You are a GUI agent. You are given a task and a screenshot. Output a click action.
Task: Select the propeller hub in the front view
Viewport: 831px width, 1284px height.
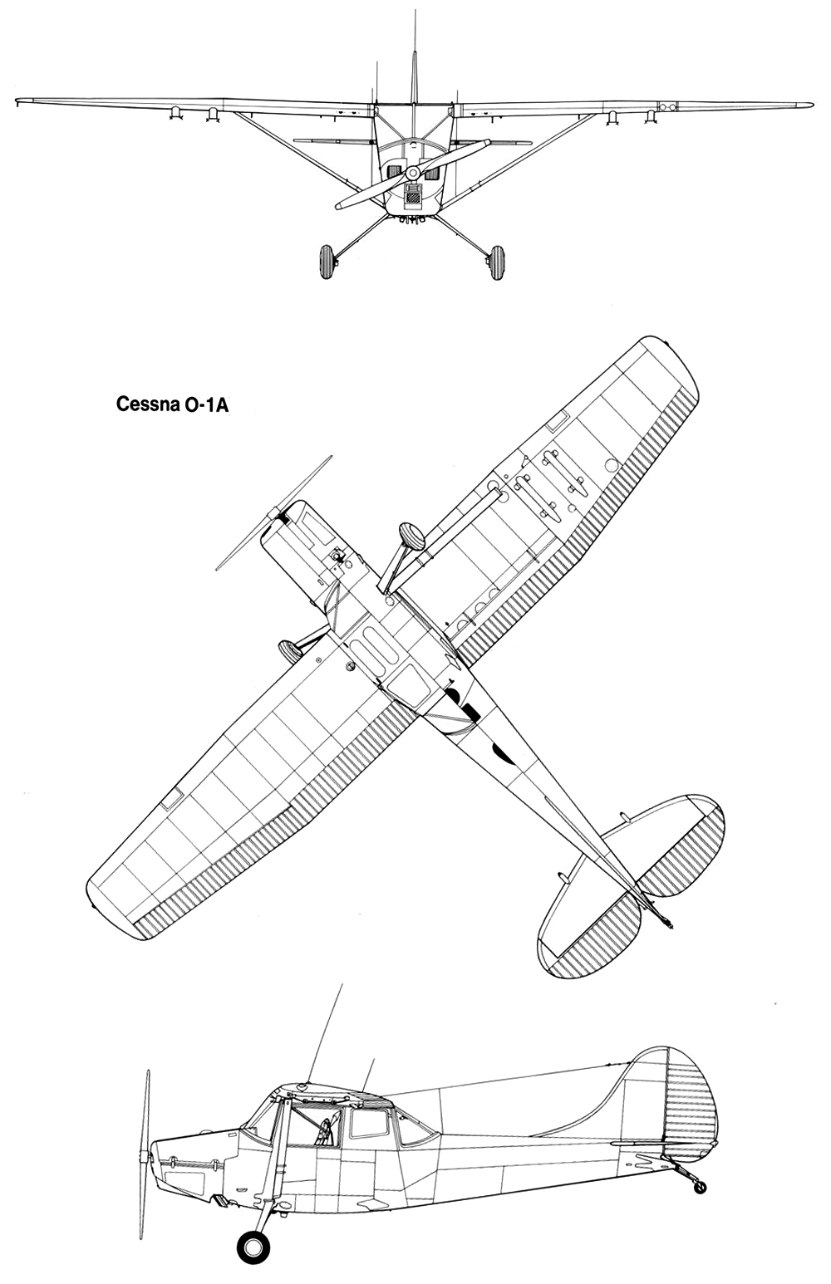click(412, 172)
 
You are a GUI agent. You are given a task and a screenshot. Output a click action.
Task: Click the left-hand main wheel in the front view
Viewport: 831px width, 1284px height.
click(327, 262)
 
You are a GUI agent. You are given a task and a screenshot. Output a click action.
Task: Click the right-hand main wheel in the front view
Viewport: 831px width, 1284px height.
click(496, 262)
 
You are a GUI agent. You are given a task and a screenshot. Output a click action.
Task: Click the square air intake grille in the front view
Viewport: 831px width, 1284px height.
click(412, 197)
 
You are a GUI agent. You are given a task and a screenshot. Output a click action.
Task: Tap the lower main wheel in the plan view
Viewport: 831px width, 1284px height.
click(290, 650)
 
